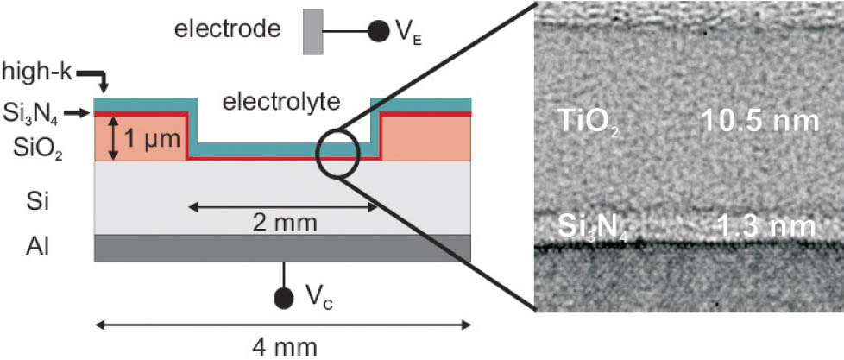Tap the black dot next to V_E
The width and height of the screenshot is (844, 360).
tap(377, 31)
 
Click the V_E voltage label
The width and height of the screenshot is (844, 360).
tap(406, 33)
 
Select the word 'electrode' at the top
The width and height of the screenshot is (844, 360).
tap(228, 30)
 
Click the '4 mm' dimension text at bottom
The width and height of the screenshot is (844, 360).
tap(283, 347)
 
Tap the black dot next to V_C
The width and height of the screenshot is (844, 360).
tap(281, 298)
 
